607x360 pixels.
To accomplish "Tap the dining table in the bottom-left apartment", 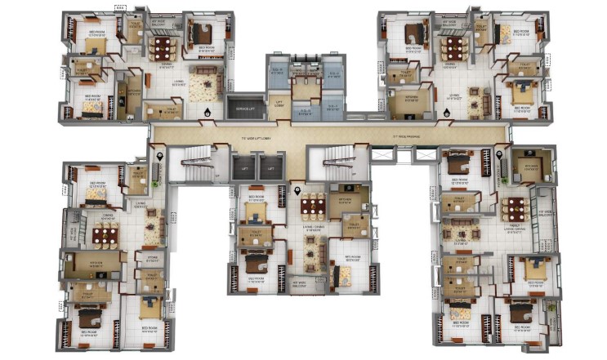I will (x=105, y=235).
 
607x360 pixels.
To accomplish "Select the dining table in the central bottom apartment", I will (x=311, y=204).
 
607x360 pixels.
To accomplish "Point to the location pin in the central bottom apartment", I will (x=297, y=192).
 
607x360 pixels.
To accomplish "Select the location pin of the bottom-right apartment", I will (x=498, y=155).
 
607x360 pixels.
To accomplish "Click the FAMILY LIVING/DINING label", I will (x=512, y=230).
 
